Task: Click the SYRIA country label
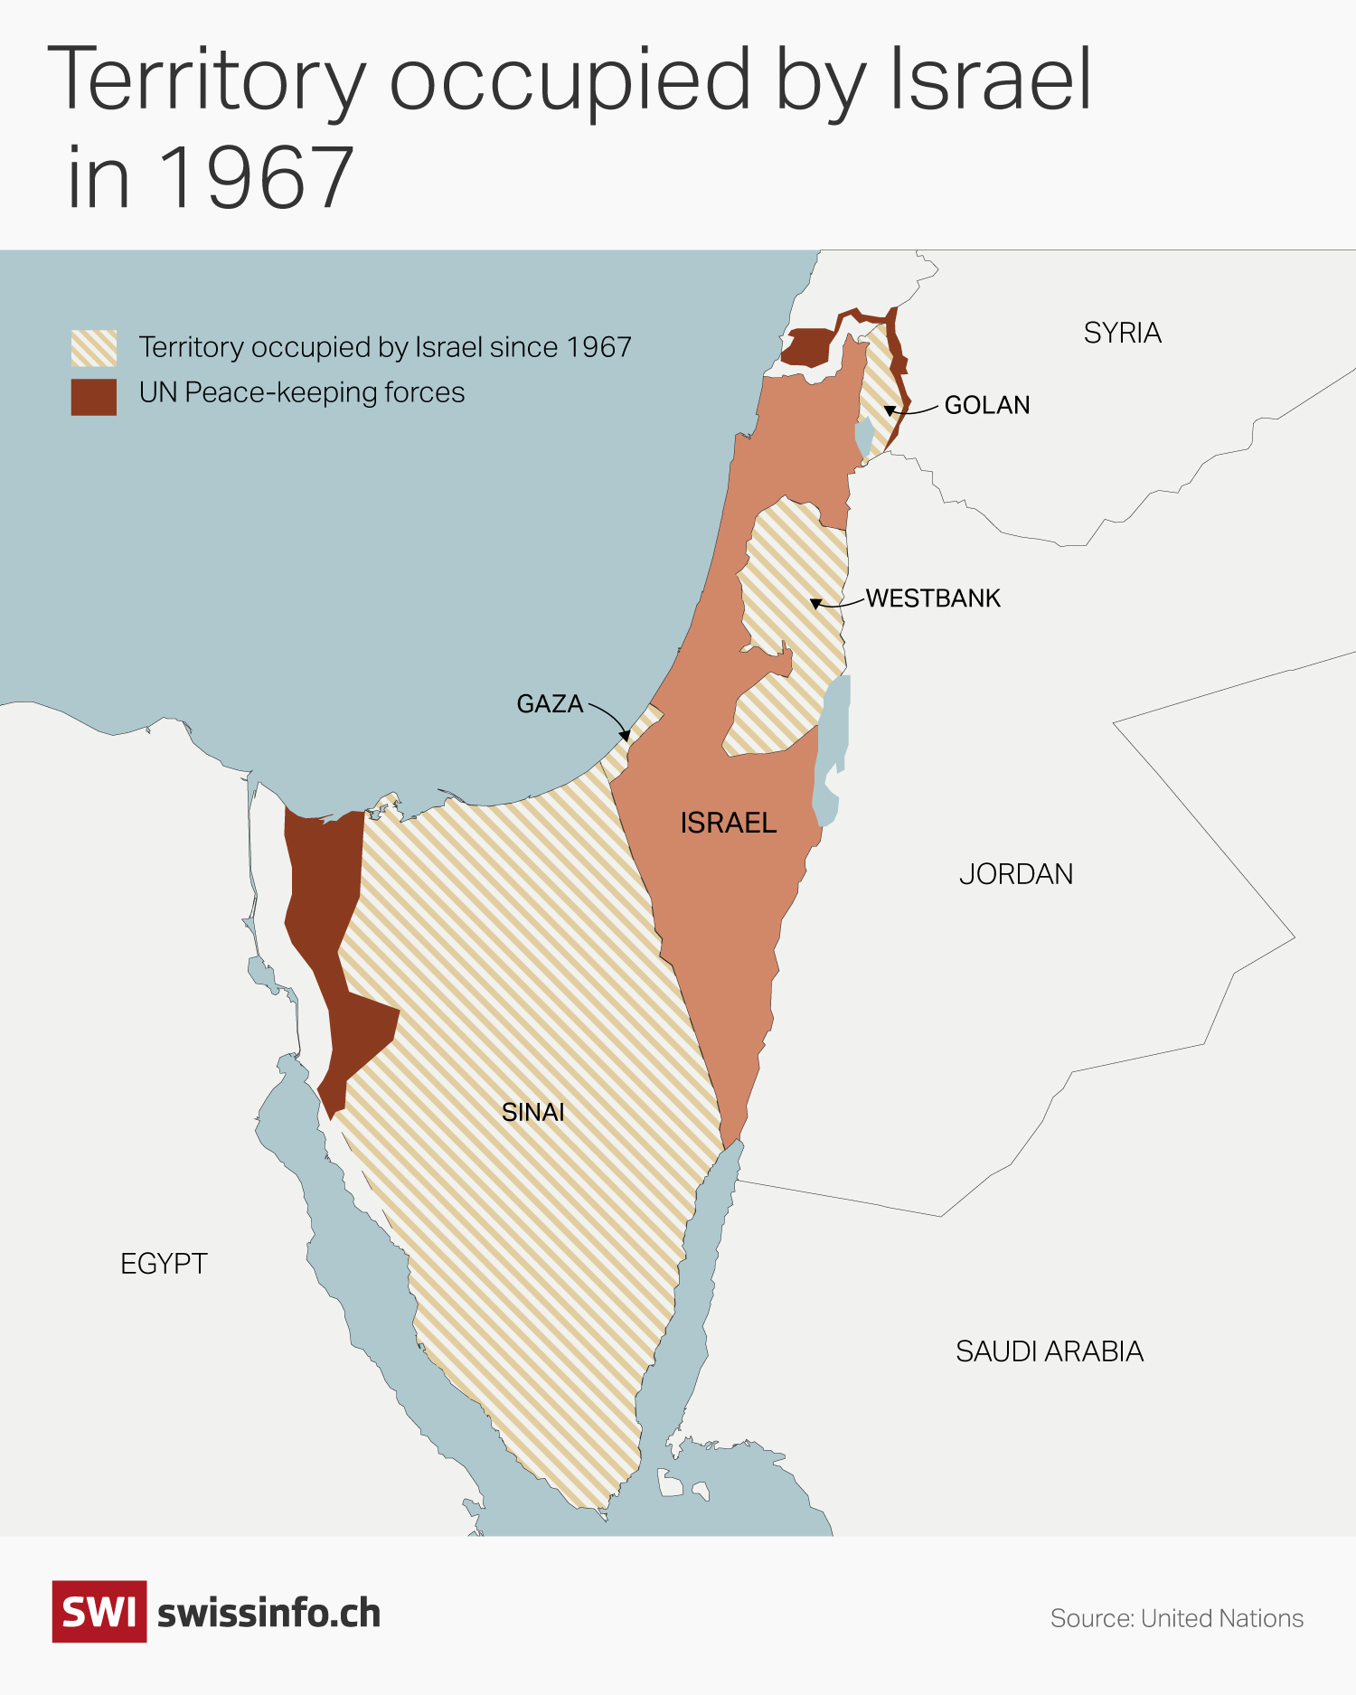[1122, 333]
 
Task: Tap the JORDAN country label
[1016, 874]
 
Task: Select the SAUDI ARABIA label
[1050, 1351]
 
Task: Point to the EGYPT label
[164, 1264]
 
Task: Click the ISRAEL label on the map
[728, 823]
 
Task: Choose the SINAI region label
[532, 1112]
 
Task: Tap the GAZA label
[549, 703]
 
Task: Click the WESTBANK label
[933, 598]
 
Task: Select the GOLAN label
[986, 405]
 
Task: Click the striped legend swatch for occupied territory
[94, 348]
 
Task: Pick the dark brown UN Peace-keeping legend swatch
[94, 397]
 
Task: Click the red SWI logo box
[99, 1612]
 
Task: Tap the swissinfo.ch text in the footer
[268, 1614]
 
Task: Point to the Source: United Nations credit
[1176, 1618]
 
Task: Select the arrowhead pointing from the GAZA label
[626, 736]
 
